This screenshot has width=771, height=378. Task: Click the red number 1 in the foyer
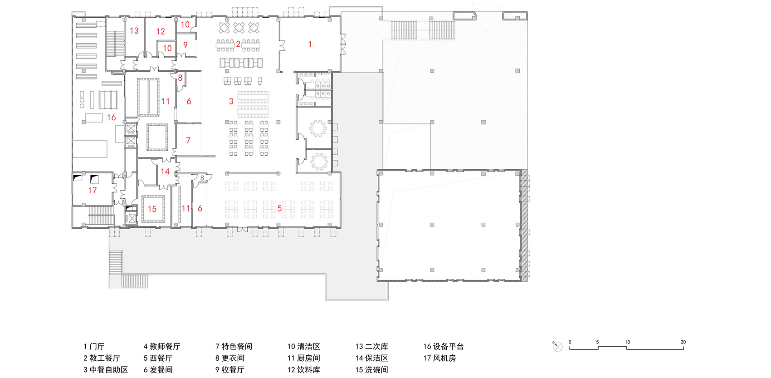310,44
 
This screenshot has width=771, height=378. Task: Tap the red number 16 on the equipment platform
112,118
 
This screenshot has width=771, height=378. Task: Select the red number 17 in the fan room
93,191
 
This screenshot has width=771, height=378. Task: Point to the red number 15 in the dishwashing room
152,209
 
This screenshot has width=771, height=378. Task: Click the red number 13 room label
134,31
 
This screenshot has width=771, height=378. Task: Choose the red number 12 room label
161,32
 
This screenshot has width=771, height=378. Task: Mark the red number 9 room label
185,44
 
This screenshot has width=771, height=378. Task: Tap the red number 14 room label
165,172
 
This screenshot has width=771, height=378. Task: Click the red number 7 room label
188,141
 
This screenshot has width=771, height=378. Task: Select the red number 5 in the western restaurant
279,208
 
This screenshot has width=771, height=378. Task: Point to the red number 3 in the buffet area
231,101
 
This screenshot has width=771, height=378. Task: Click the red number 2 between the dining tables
238,44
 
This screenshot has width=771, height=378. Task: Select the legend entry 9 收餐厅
230,370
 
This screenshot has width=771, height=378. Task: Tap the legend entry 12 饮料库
303,370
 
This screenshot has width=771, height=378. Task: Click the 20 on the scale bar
683,342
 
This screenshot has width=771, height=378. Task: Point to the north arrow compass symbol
558,347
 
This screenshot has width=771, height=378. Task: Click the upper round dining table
318,128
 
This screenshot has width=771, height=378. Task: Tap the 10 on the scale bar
627,342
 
